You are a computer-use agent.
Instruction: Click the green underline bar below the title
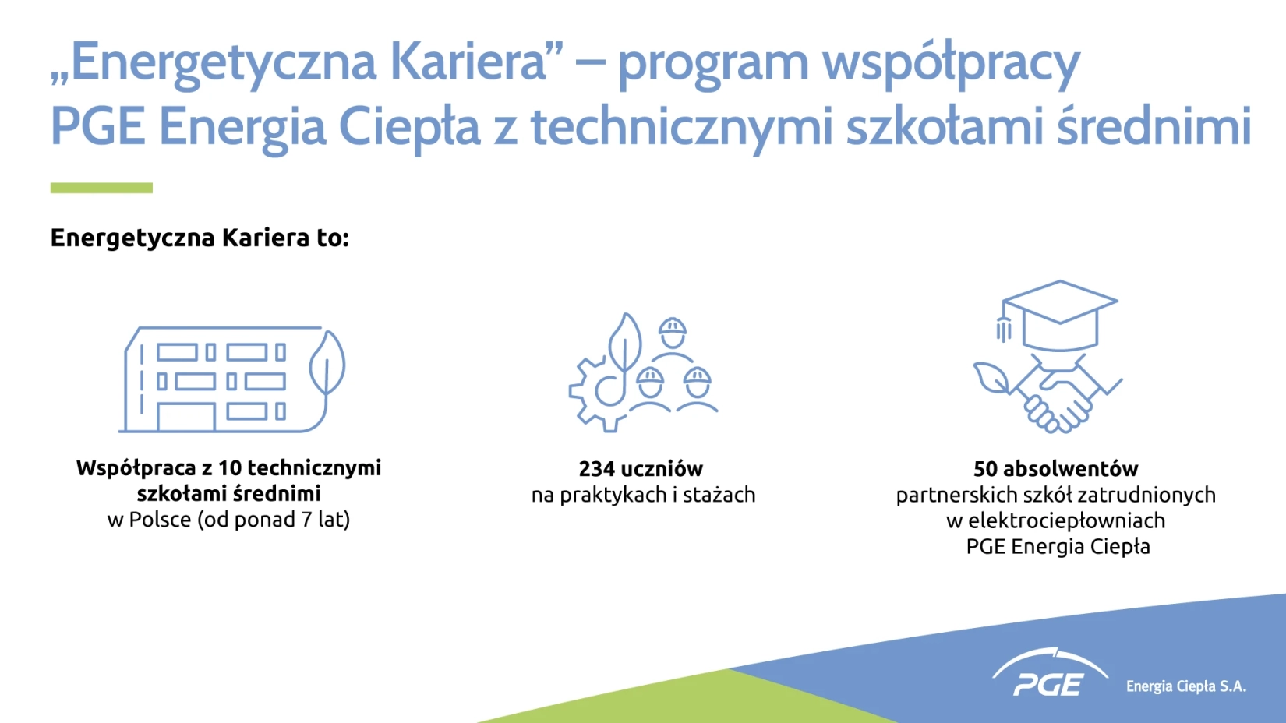[101, 188]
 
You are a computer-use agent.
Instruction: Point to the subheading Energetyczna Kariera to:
[200, 238]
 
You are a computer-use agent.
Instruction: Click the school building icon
[224, 379]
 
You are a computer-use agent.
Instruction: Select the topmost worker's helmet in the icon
[673, 326]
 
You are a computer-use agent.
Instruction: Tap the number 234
[597, 469]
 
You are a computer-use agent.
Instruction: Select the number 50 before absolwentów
[985, 469]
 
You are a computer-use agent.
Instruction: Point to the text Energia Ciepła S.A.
[1186, 686]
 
